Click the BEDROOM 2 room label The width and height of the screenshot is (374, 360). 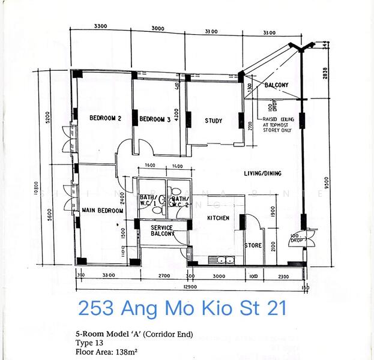tap(105, 119)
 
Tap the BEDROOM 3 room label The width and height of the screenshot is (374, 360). tap(155, 119)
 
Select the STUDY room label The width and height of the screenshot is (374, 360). tap(213, 121)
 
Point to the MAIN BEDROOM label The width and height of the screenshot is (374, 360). tap(103, 211)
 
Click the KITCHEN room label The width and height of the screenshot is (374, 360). tap(218, 218)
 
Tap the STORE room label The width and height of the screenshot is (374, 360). tap(252, 245)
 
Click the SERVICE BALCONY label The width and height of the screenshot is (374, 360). tap(162, 231)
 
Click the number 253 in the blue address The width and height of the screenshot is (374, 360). tap(97, 309)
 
